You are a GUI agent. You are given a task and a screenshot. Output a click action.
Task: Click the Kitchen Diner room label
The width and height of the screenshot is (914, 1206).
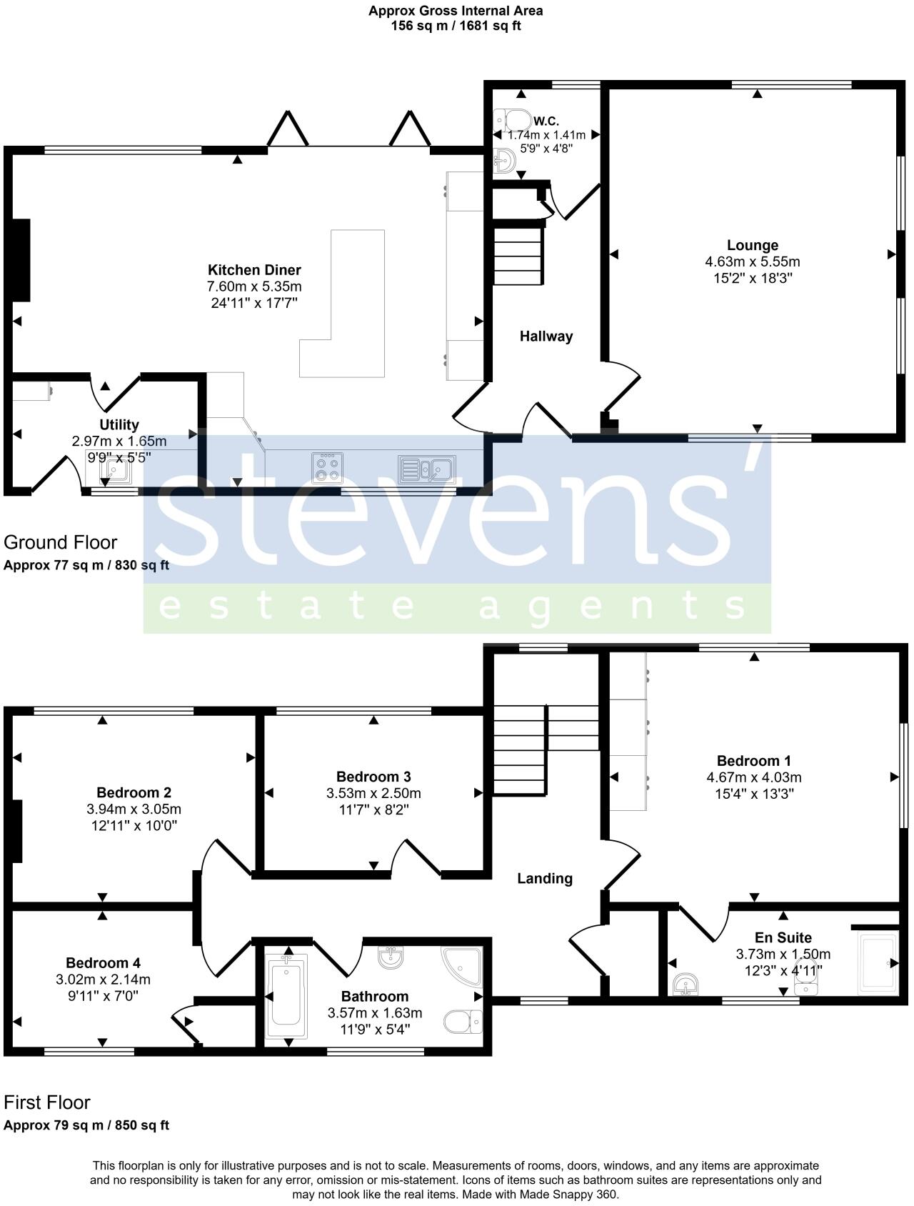(x=254, y=270)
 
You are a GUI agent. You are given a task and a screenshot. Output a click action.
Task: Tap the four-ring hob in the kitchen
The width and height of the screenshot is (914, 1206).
(x=327, y=468)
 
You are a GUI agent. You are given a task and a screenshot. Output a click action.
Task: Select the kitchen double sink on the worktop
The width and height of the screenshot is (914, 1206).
(x=426, y=469)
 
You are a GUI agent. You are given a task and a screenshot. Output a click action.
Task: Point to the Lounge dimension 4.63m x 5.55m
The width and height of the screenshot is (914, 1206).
(x=752, y=261)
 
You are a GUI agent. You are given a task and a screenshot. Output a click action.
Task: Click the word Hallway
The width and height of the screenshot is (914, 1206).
(x=546, y=337)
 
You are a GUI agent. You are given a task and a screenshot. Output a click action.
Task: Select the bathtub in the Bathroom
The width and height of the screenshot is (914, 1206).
(x=286, y=997)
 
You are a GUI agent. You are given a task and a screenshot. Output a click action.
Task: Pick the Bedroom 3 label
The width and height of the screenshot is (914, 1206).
(x=373, y=777)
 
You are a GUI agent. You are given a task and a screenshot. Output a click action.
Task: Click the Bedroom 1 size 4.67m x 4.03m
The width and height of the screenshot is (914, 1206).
(x=753, y=777)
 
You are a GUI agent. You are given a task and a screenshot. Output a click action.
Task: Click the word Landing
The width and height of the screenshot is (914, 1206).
(x=545, y=879)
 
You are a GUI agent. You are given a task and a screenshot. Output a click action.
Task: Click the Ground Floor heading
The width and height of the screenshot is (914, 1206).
(x=60, y=542)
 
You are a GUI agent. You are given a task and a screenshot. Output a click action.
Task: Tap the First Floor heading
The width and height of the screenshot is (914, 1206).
(x=47, y=1102)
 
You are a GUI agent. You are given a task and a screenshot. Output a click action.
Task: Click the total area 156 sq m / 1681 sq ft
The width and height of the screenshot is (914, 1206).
(x=456, y=26)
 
